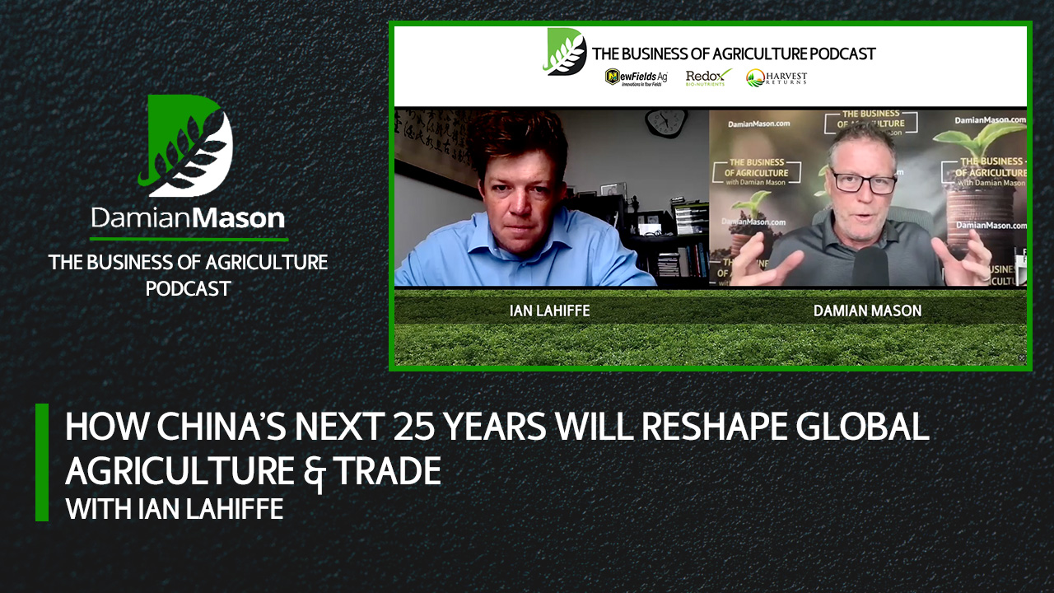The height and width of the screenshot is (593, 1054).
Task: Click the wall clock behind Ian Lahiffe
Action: (665, 123)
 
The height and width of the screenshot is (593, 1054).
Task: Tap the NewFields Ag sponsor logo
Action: (636, 77)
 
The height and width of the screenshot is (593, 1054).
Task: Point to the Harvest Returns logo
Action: (777, 77)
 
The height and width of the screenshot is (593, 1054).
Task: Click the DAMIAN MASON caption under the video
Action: (867, 311)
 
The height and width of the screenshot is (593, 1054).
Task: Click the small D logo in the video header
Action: (565, 52)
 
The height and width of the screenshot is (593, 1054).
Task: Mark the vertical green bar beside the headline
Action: (42, 462)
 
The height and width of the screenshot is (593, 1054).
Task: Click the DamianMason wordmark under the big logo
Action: (189, 218)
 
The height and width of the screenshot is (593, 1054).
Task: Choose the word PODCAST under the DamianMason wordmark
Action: (189, 288)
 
